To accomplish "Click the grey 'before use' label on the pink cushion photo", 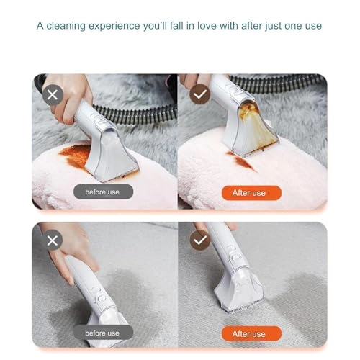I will pos(103,192).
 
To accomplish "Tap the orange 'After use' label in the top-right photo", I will pos(248,192).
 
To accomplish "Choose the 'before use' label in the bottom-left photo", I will pos(103,333).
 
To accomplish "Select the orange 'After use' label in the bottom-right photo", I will pos(248,333).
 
